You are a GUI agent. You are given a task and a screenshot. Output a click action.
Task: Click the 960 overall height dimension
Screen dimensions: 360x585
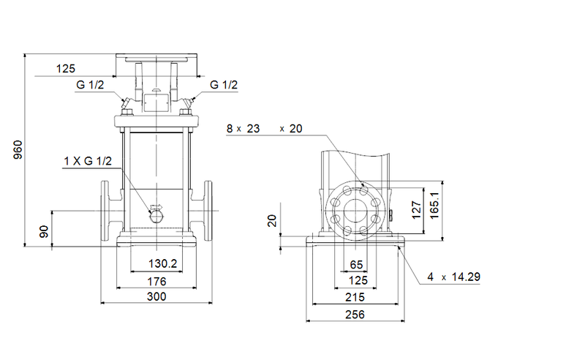tap(18, 149)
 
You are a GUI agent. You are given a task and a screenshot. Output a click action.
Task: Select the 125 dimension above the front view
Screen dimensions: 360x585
tap(66, 69)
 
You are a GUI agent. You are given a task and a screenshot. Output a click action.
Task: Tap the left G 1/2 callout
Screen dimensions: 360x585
tap(90, 85)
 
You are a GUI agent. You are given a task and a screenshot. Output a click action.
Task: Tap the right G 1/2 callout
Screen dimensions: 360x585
tap(224, 85)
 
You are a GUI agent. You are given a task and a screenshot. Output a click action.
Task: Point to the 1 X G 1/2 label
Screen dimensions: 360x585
tap(87, 161)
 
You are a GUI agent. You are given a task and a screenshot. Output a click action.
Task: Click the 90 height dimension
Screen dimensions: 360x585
tap(45, 231)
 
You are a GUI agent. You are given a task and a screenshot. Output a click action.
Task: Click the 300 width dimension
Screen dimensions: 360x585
tap(155, 296)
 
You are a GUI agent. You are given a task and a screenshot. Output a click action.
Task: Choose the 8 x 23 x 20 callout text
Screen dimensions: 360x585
tap(264, 128)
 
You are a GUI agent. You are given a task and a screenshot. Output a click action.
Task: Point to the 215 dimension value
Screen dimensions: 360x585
tap(357, 298)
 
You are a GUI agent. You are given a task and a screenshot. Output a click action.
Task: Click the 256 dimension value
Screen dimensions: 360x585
tap(357, 315)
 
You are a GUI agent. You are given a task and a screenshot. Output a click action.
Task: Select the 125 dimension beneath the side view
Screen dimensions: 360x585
tap(357, 280)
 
